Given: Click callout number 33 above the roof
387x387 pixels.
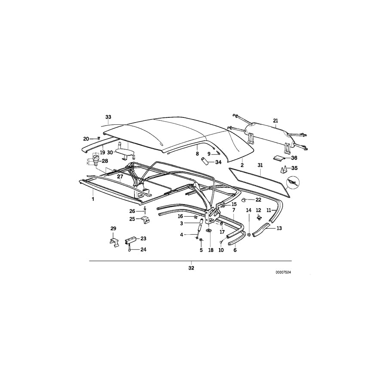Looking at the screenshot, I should coord(108,117).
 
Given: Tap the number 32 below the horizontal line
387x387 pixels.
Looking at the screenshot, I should coord(191,268).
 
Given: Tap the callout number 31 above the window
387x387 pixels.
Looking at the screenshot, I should coord(259,165).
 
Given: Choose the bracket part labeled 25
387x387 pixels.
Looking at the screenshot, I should coord(145,220).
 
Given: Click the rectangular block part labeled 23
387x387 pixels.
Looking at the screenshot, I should coord(130,239).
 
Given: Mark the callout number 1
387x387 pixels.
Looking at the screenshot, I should coord(92,200).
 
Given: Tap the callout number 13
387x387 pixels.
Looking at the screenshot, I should coord(279,228).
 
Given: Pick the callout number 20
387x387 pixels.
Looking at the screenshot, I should coord(86,138).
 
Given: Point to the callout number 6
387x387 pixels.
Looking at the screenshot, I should coord(235,250).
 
